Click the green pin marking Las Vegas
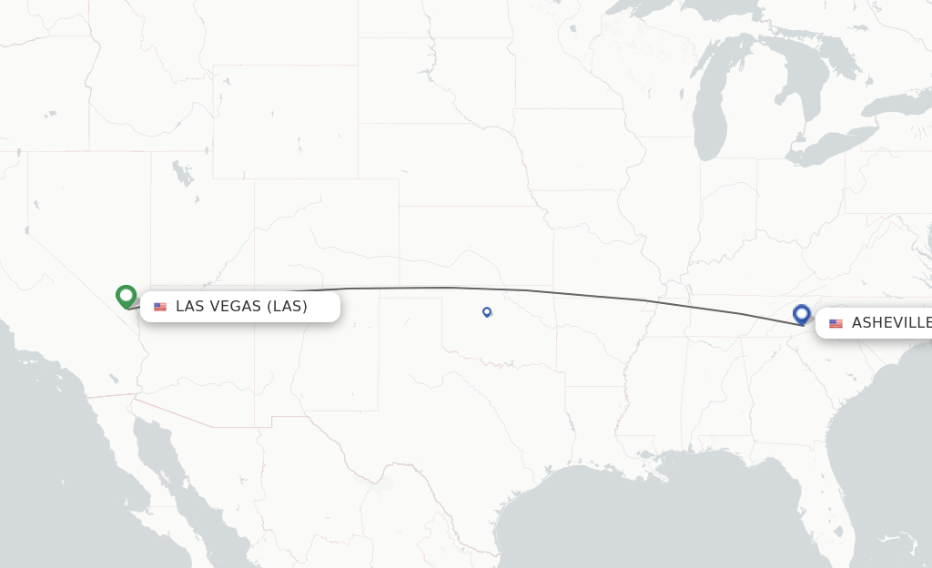click(x=126, y=296)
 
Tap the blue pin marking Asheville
click(x=802, y=314)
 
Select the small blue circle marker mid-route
click(x=487, y=312)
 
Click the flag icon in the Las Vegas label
click(x=160, y=307)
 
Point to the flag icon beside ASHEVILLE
click(x=836, y=323)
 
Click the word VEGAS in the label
click(x=235, y=306)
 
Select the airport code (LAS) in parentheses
click(x=287, y=306)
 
